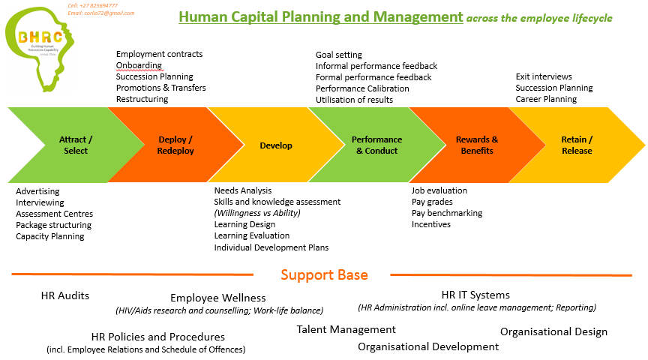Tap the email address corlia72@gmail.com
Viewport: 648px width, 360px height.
101,13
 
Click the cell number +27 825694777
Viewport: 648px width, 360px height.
92,5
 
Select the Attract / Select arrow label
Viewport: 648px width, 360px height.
76,145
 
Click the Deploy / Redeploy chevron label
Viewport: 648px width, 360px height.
175,145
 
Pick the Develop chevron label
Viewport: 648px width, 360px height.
276,145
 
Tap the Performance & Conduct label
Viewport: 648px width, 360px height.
376,145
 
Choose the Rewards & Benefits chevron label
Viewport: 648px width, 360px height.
477,145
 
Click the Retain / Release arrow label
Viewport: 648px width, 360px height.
577,145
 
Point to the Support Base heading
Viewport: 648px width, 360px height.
324,275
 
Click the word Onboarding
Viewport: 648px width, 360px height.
139,65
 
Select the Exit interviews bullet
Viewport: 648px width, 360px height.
544,76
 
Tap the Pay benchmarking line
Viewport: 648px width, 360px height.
447,213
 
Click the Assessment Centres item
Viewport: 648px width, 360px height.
54,214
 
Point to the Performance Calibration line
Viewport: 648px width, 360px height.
362,88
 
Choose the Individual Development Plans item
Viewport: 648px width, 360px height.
271,247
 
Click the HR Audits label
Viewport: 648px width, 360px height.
65,295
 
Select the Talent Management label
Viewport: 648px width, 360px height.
346,329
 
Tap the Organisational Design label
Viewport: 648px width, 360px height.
553,331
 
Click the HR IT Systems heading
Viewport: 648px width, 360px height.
475,295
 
